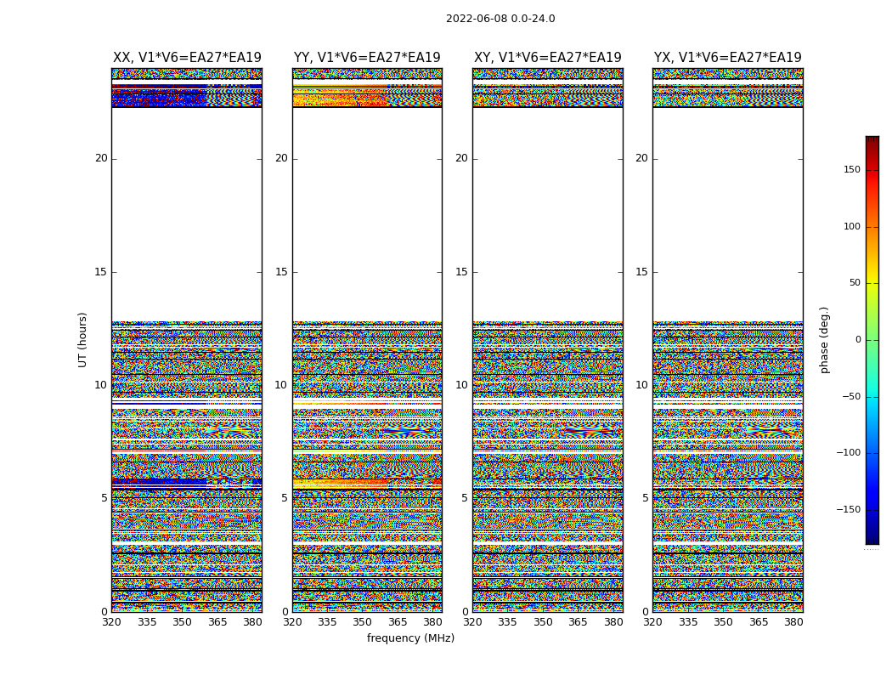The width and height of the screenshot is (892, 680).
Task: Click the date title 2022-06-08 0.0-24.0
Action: tap(500, 19)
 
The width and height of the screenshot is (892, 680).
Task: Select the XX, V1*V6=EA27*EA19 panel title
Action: tap(187, 58)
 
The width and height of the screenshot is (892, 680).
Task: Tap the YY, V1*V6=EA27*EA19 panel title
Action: tap(367, 58)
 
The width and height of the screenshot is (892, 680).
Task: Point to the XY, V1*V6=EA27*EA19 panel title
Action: tap(548, 58)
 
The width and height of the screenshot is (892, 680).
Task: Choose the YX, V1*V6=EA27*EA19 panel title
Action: tap(728, 58)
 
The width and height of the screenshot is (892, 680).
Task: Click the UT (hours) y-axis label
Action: tap(82, 339)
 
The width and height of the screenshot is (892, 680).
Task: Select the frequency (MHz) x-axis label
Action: tap(410, 638)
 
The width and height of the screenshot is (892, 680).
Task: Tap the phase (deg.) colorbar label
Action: tap(824, 339)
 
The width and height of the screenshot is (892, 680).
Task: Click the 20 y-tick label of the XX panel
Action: tap(101, 158)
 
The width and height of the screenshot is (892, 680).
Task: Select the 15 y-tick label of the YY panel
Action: tap(281, 272)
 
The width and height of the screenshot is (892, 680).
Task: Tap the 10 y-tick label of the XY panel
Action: tap(461, 385)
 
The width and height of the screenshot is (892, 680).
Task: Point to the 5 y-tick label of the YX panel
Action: tap(645, 498)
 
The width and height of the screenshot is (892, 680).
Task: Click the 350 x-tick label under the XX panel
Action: tap(182, 622)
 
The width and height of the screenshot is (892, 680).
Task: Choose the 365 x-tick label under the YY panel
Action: tap(398, 622)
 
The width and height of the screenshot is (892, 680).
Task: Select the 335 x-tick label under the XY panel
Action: tap(507, 622)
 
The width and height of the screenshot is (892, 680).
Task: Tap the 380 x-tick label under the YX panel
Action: tap(793, 622)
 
